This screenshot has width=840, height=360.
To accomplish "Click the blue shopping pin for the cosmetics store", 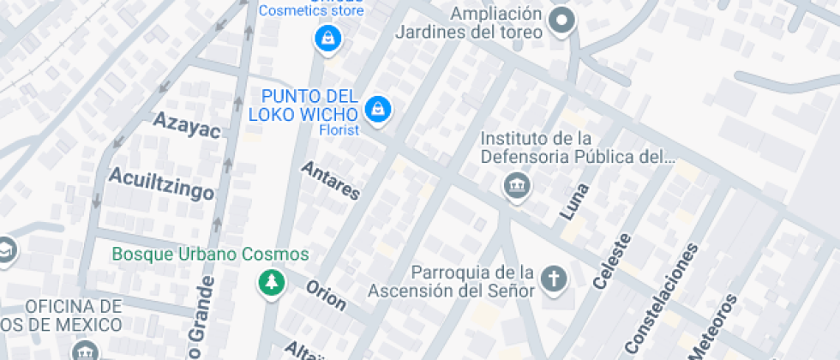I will (x=327, y=38).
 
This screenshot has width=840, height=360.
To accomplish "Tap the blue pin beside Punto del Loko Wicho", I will (x=377, y=109).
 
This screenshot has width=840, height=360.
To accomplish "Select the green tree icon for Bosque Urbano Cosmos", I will (x=272, y=282).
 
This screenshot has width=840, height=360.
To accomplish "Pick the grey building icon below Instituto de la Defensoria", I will (x=516, y=185).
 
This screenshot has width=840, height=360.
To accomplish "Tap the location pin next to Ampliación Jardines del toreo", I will (x=561, y=21).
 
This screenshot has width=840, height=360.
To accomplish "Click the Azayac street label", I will (x=187, y=125).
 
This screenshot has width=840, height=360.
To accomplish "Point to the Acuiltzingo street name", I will (x=161, y=183).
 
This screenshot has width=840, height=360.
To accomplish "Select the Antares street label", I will (x=330, y=181).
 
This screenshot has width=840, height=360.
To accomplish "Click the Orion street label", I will (x=326, y=296).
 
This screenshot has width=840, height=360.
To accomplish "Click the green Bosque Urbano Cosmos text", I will (x=210, y=255).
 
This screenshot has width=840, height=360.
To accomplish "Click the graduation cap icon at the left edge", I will (x=5, y=250).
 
